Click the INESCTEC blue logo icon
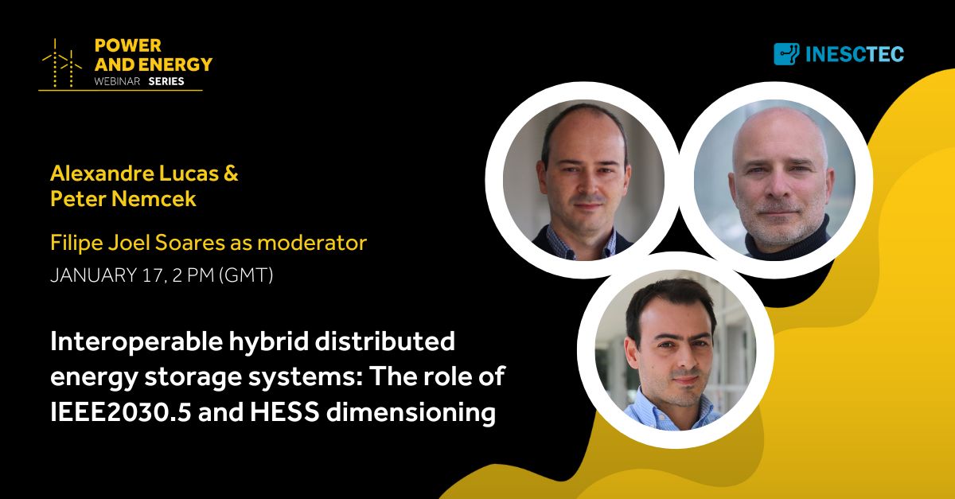(x=786, y=54)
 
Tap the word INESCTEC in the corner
(x=855, y=54)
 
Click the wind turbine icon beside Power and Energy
(x=62, y=63)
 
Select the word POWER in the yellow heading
(x=128, y=45)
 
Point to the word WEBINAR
(x=117, y=81)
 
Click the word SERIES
(x=166, y=81)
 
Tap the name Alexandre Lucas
(x=134, y=173)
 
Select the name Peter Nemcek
(x=123, y=199)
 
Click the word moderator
(x=312, y=243)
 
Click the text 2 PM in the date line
(x=193, y=275)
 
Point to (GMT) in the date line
(x=246, y=275)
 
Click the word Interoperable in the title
(x=136, y=342)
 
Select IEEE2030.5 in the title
(x=121, y=412)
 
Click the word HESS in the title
(x=285, y=412)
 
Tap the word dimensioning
(x=411, y=413)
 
